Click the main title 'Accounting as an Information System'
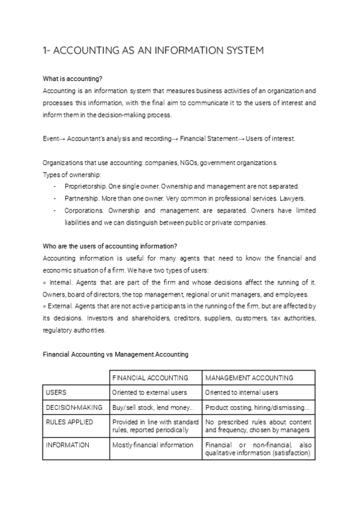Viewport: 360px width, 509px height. [154, 50]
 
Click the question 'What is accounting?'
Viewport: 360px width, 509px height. [73, 79]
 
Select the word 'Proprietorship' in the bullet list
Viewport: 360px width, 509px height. [84, 186]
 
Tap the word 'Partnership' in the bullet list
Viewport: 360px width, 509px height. [81, 198]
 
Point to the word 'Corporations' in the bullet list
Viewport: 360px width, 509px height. [83, 211]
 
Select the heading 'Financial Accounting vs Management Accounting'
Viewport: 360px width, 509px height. [115, 354]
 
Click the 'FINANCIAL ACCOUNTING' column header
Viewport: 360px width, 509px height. [151, 378]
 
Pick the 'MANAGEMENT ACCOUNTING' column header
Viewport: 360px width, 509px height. [250, 378]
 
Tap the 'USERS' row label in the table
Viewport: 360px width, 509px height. [56, 393]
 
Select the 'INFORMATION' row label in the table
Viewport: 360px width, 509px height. [68, 445]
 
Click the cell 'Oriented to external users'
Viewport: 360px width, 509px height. [149, 393]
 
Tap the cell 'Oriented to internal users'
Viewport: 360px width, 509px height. [242, 393]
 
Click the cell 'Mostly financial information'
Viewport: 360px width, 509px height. [152, 445]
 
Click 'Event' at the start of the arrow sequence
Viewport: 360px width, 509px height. [51, 138]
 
